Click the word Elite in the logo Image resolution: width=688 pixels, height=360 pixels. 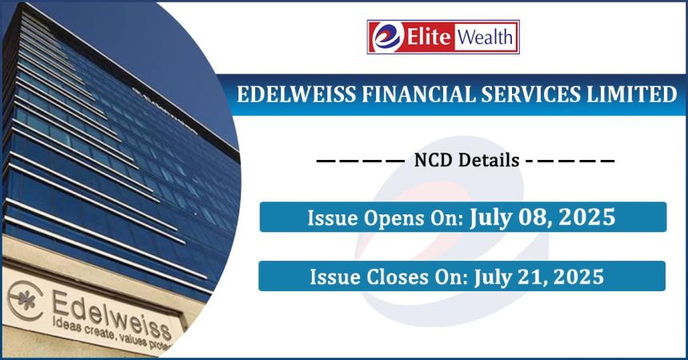coord(428,37)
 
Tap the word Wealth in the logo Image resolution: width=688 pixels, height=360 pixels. coord(486,37)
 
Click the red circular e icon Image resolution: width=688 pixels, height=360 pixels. coord(386,37)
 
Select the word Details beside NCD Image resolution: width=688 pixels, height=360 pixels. coord(488,161)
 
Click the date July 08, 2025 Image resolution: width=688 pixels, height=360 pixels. coord(542,218)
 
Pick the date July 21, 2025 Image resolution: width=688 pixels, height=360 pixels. coord(539,277)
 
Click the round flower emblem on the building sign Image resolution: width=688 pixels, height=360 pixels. coord(26,301)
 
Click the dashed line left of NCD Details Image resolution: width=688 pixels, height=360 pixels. coord(360,161)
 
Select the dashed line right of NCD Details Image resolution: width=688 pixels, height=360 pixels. coord(570,161)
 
